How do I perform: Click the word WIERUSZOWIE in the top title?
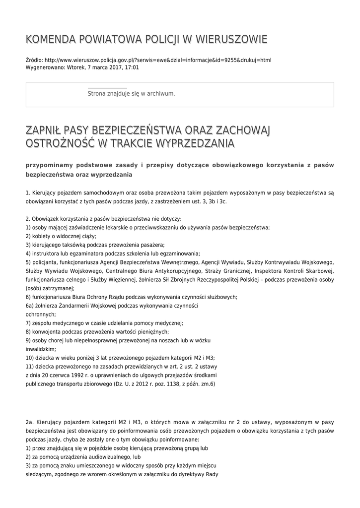233,39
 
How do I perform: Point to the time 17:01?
132,67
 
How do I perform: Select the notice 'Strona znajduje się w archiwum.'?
131,93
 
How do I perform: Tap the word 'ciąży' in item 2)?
88,236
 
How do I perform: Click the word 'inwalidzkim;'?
41,349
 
